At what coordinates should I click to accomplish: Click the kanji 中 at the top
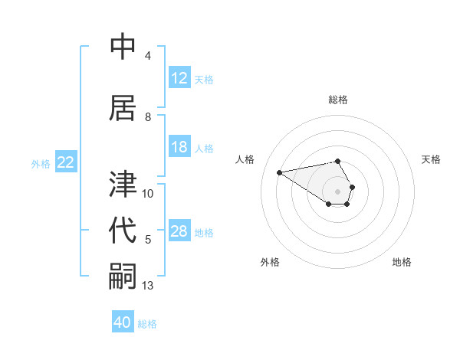123,47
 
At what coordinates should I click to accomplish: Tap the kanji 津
123,185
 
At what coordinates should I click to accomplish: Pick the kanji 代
123,231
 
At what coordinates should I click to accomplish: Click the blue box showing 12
179,78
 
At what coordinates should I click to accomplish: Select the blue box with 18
179,147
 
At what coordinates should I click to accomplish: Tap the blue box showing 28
179,231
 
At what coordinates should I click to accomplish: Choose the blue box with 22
65,162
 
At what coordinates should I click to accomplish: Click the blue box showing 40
123,322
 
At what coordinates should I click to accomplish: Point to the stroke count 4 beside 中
148,56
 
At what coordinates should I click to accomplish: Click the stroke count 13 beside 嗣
148,286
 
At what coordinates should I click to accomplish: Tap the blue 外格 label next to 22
41,163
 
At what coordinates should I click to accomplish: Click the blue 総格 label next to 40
147,324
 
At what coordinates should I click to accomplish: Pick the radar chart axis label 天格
431,159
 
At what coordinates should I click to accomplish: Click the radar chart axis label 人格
245,159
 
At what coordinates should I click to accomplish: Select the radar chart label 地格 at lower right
402,262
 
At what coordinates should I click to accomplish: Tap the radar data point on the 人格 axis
279,172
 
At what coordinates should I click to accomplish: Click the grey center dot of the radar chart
337,191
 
